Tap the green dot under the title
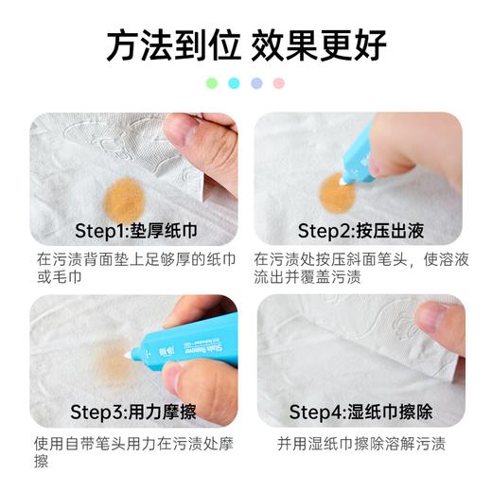click(212, 83)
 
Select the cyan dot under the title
click(234, 83)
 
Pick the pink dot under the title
click(278, 83)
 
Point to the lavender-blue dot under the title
click(256, 83)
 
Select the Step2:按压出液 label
click(359, 230)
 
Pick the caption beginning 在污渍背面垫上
click(132, 267)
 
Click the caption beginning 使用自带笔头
click(132, 451)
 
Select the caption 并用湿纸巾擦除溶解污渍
click(360, 443)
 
